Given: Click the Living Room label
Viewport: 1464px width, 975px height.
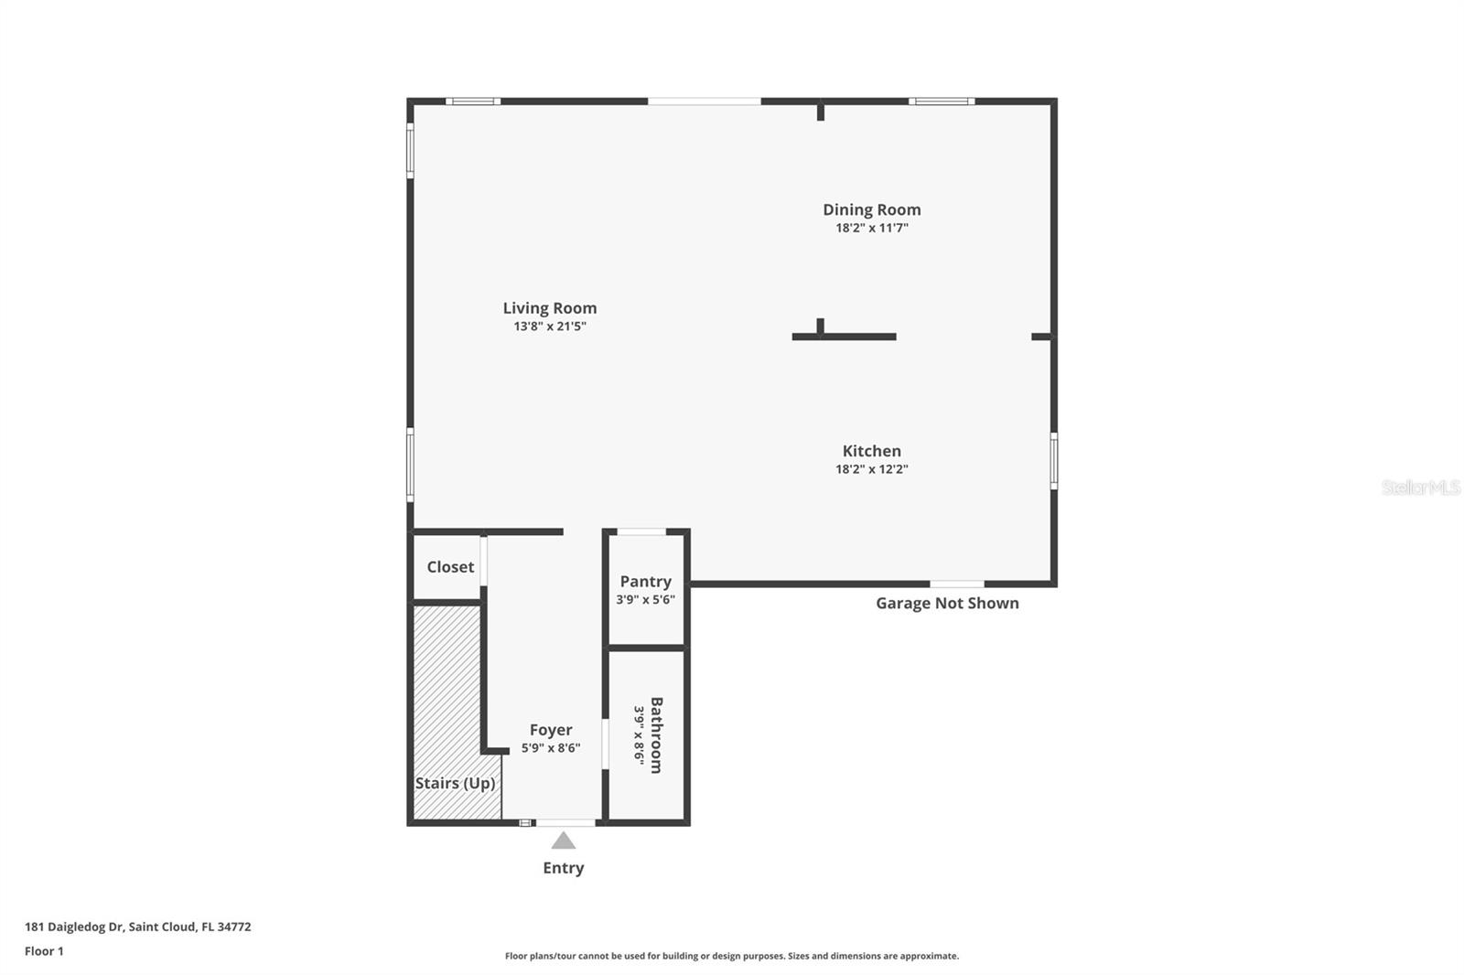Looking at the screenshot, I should click(550, 308).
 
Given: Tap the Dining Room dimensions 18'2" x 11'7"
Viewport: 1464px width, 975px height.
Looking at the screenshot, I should click(871, 228).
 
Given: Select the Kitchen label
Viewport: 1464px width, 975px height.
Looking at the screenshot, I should click(871, 451).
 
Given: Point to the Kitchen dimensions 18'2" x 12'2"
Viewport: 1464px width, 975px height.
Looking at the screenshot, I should click(871, 469).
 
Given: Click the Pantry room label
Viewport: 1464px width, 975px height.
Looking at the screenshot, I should click(645, 582).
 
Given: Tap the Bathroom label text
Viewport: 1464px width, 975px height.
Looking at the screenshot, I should click(656, 735).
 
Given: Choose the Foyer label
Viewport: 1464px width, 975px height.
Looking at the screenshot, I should click(551, 730).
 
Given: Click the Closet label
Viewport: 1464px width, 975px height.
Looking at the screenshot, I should click(450, 567).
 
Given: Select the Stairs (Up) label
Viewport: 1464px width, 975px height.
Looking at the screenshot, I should click(455, 783).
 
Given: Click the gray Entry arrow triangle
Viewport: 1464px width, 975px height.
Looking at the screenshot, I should click(564, 841).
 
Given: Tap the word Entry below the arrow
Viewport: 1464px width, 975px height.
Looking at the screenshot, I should click(564, 868).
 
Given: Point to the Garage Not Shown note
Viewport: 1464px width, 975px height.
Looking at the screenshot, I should click(947, 603).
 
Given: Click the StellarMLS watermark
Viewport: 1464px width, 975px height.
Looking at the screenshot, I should click(1420, 487).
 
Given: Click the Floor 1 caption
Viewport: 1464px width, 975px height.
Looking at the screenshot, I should click(44, 951).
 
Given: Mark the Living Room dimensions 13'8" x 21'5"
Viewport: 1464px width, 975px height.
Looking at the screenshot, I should click(550, 327).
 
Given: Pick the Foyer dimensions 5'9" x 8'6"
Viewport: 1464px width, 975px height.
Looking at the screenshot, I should click(551, 748).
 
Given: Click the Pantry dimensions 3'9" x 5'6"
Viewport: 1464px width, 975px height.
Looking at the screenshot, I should click(645, 600).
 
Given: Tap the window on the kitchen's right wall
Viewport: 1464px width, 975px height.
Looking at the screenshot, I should click(1054, 461).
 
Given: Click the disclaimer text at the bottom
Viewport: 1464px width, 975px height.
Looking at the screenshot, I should click(732, 956).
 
